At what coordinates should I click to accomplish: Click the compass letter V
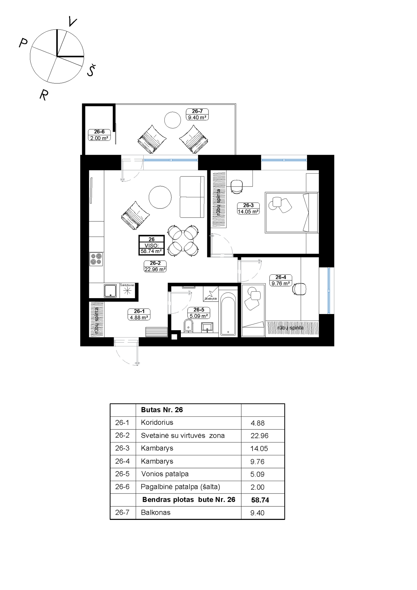pos(72,21)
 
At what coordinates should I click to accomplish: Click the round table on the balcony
pos(173,120)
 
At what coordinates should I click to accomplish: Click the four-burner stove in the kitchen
pos(96,259)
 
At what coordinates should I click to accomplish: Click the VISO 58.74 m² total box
pos(151,245)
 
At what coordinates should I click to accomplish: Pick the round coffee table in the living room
pos(160,197)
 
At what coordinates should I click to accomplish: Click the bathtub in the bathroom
pos(228,314)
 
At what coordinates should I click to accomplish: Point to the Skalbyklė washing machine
pos(211,294)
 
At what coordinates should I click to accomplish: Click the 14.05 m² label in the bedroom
pos(248,212)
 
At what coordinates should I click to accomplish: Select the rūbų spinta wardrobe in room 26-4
pos(292,328)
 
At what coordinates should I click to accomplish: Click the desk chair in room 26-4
pos(299,289)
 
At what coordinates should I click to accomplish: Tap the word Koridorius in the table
pos(157,422)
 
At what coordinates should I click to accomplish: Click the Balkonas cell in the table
pos(156,513)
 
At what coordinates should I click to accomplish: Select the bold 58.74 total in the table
pos(260,500)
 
